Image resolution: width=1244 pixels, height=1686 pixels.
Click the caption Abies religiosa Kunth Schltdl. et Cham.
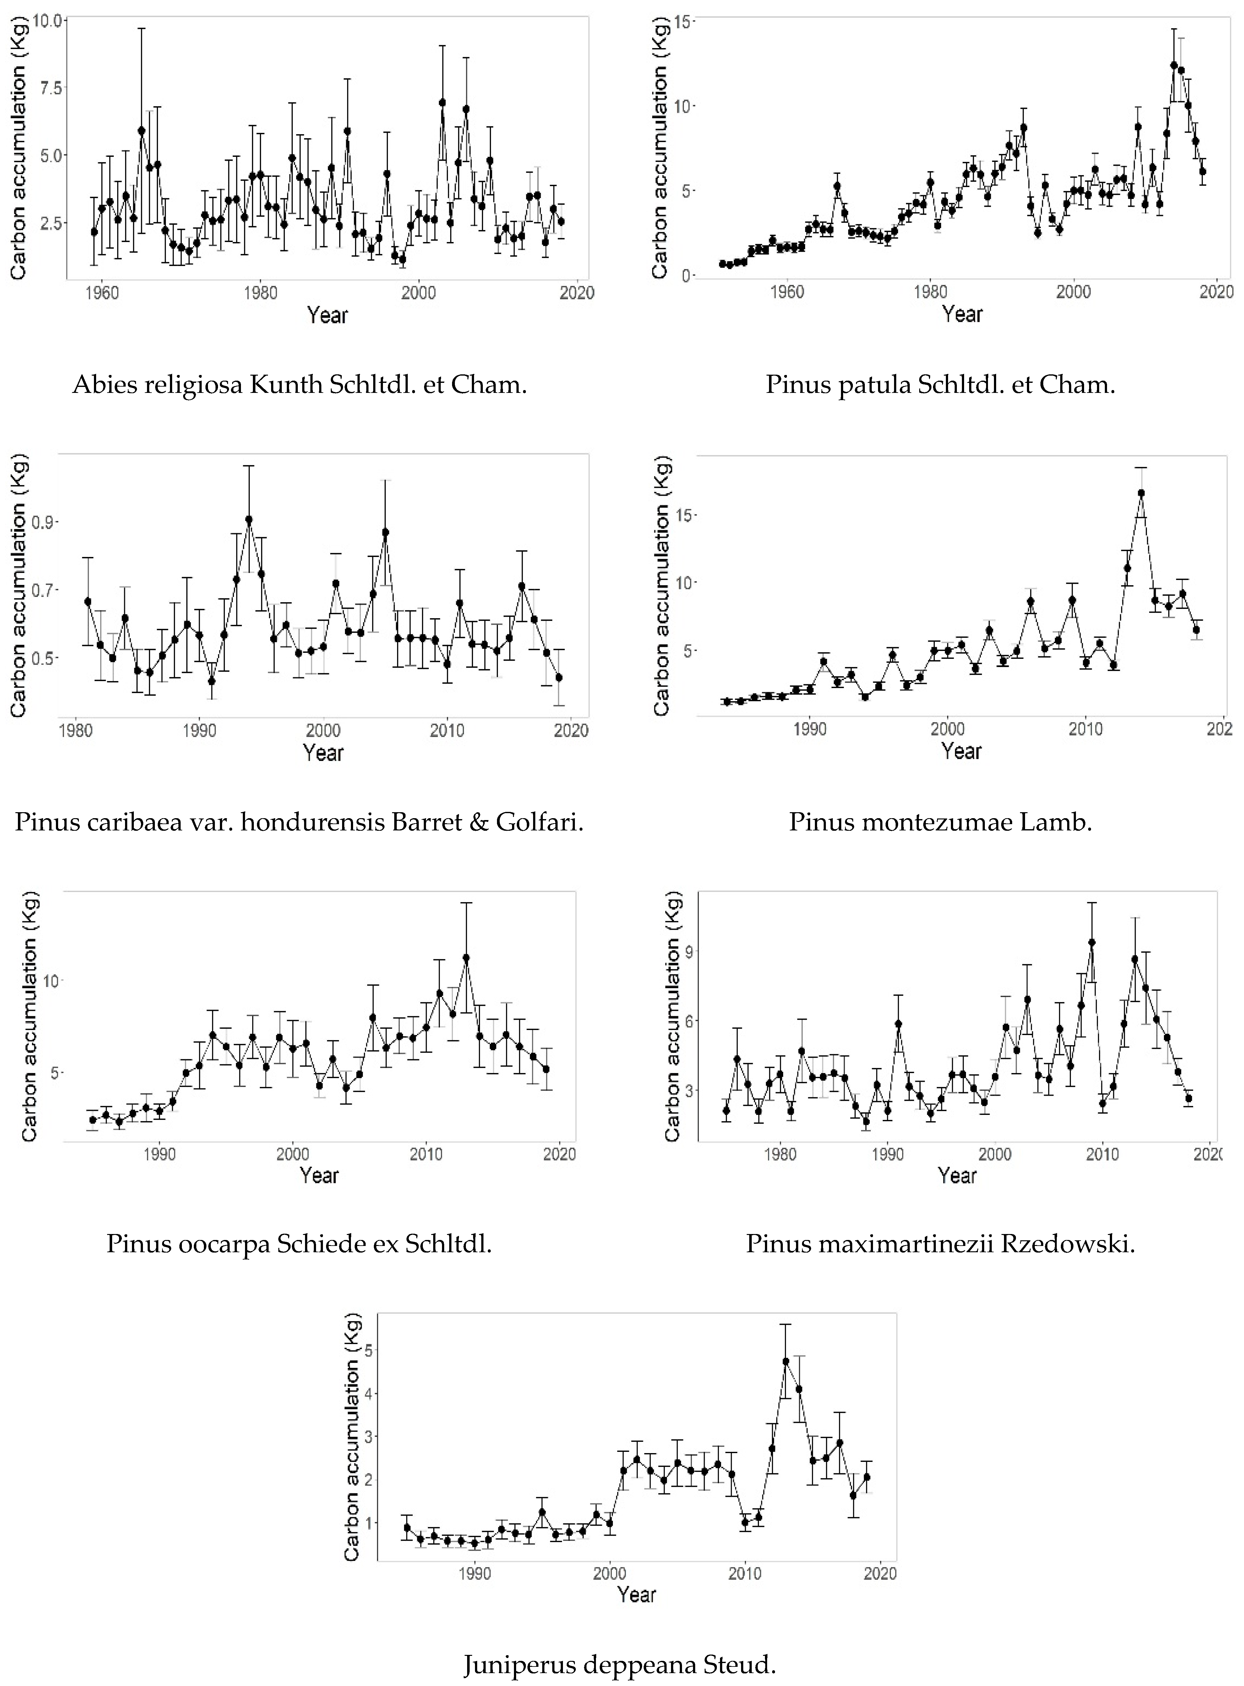pyautogui.click(x=300, y=385)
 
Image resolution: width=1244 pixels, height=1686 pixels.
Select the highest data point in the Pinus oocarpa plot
pyautogui.click(x=466, y=957)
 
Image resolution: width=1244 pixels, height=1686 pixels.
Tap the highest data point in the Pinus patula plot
pyautogui.click(x=1173, y=66)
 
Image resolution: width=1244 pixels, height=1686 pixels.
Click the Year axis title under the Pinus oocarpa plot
pyautogui.click(x=319, y=1175)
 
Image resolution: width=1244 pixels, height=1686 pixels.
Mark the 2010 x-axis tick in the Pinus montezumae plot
pyautogui.click(x=1085, y=729)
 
